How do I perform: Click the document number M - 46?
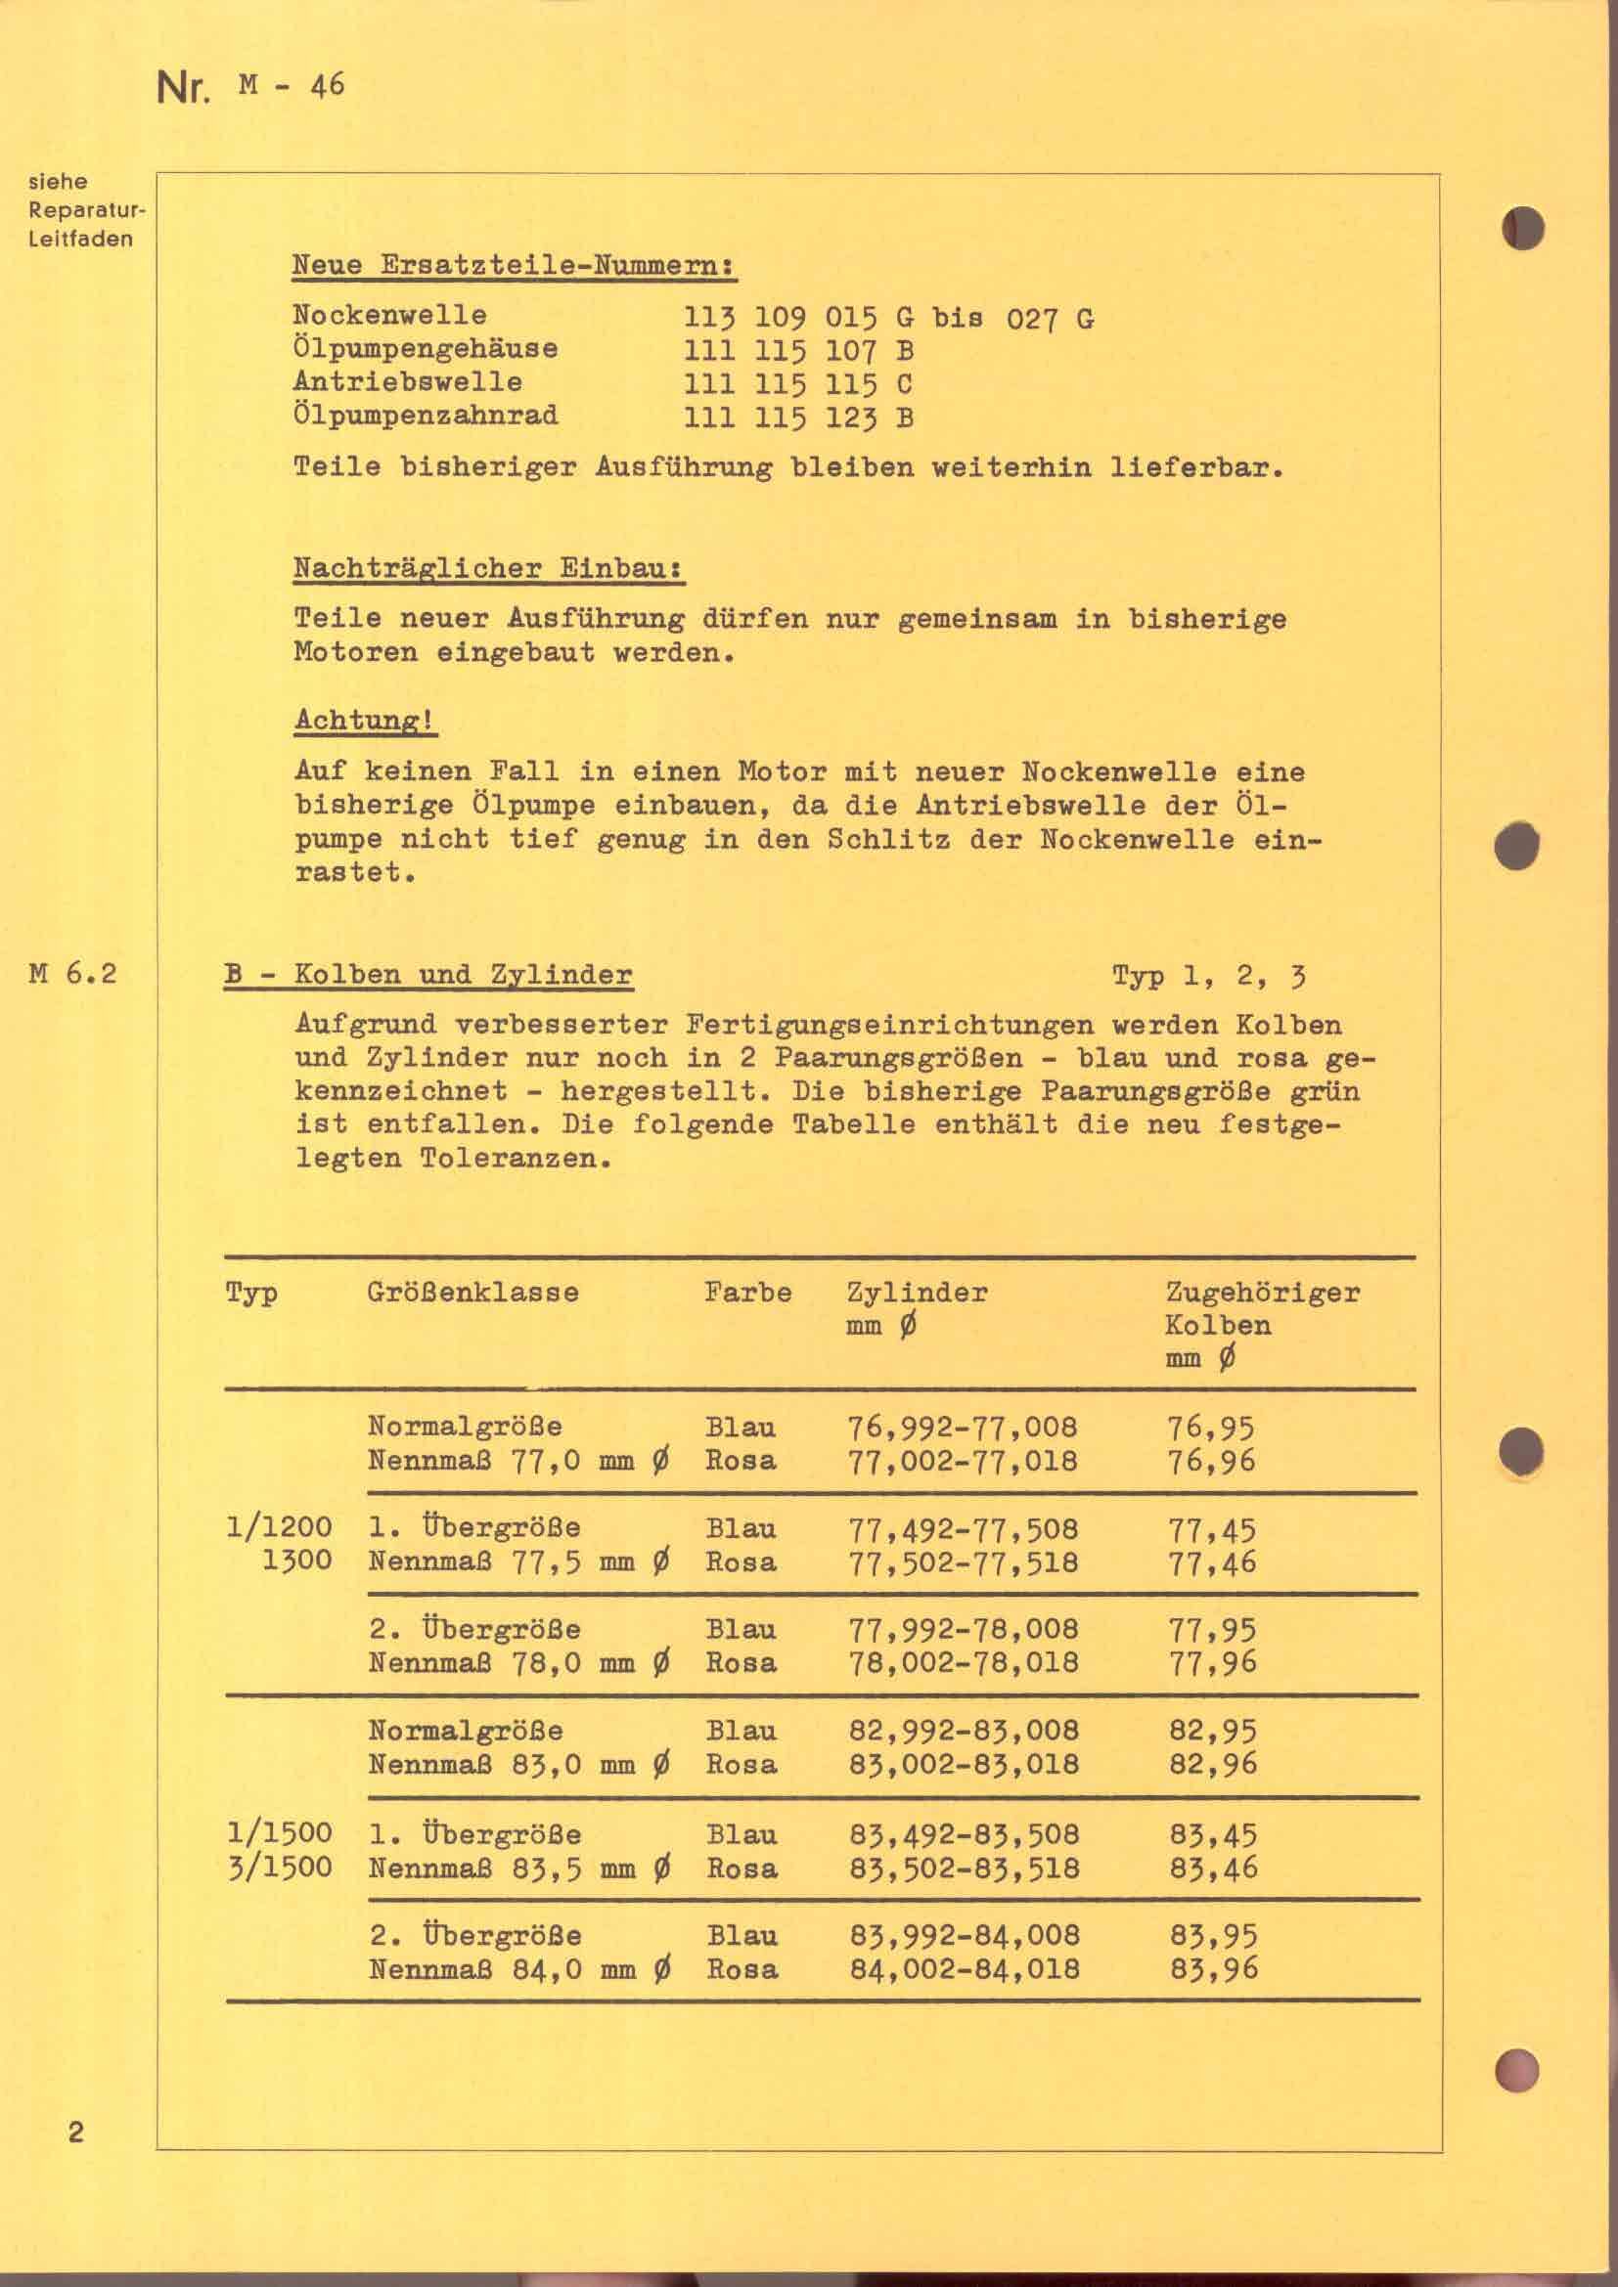[291, 86]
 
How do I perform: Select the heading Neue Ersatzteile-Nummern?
[514, 266]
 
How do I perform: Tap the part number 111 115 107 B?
[798, 351]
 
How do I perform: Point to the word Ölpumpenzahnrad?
[426, 416]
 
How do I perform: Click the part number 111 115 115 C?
[798, 384]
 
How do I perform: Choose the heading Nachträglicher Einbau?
[488, 569]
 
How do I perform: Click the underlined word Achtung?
[365, 721]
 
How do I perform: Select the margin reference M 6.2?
[73, 973]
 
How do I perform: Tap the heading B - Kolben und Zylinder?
[428, 974]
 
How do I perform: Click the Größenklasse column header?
[472, 1293]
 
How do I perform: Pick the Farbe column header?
[747, 1293]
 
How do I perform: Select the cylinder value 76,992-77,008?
[963, 1428]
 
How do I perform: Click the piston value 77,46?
[1211, 1561]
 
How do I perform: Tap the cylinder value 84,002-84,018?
[965, 1969]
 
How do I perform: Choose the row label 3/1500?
[279, 1867]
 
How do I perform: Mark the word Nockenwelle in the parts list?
[389, 315]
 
